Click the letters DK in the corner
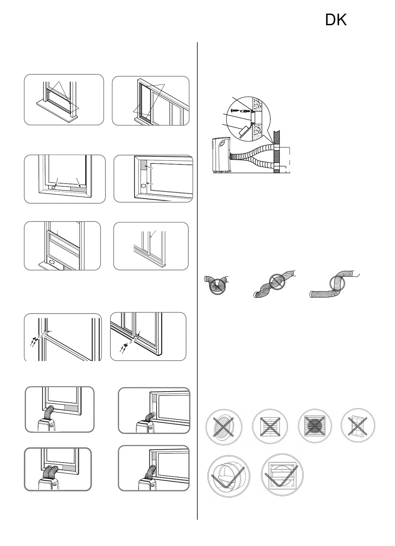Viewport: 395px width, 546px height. pyautogui.click(x=336, y=21)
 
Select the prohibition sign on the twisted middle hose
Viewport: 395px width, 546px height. pyautogui.click(x=277, y=283)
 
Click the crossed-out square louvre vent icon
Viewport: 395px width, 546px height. pyautogui.click(x=269, y=426)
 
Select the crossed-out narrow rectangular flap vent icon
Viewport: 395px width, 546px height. pyautogui.click(x=358, y=426)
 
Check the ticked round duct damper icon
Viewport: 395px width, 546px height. pyautogui.click(x=229, y=477)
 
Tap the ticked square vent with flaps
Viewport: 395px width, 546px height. pyautogui.click(x=282, y=476)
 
